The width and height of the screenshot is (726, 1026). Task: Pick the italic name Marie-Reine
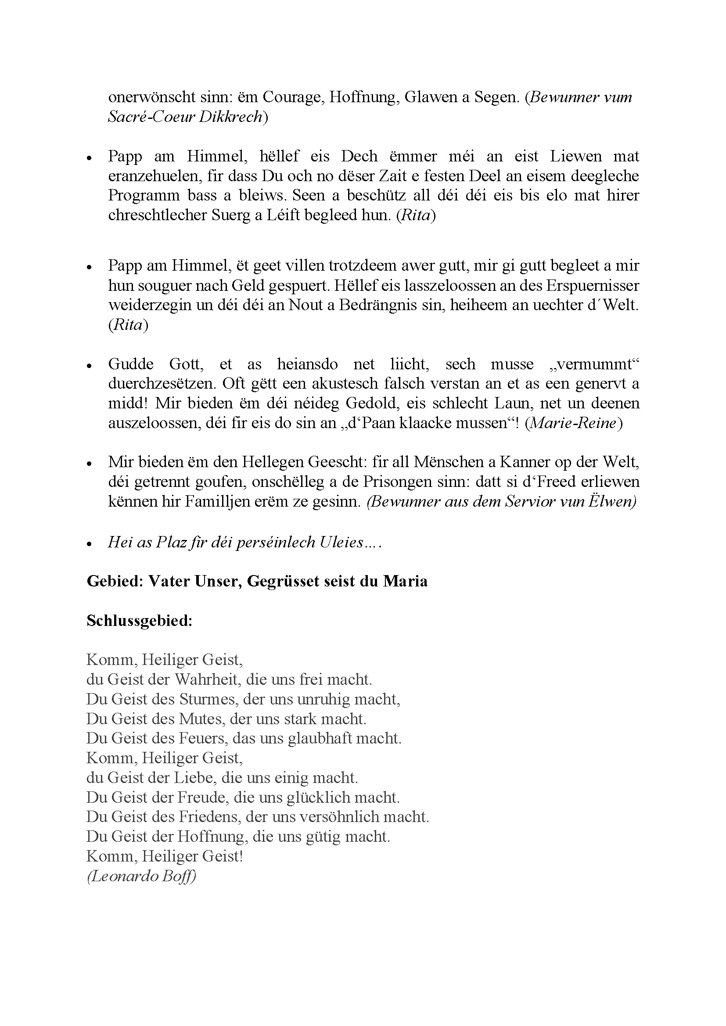574,423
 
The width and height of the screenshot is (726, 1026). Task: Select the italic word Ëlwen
612,501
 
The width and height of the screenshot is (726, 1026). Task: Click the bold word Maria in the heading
405,581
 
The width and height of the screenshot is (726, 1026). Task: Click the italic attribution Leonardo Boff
142,876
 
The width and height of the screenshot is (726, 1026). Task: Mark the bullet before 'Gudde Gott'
90,365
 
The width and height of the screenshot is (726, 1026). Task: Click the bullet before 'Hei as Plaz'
90,543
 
